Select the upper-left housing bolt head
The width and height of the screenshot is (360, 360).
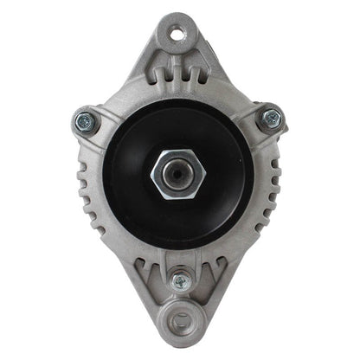coord(86,120)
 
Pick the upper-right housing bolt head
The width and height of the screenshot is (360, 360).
coord(272,119)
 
